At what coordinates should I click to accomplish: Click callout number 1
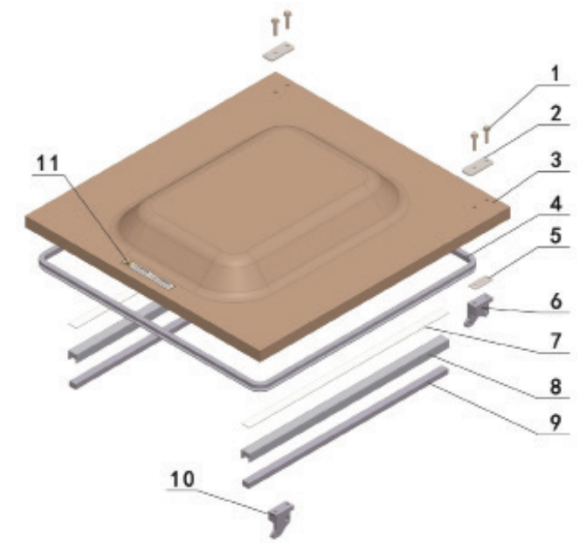pos(555,73)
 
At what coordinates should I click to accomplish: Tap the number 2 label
pos(555,113)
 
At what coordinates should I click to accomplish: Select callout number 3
pos(555,160)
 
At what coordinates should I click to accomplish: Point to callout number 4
pos(555,204)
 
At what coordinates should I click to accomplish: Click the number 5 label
pos(555,236)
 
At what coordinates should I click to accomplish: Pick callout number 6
pos(556,301)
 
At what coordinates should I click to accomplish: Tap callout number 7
pos(556,340)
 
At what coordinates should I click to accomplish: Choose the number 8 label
pos(556,386)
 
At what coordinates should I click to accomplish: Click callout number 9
pos(555,423)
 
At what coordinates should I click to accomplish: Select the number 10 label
pos(183,478)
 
